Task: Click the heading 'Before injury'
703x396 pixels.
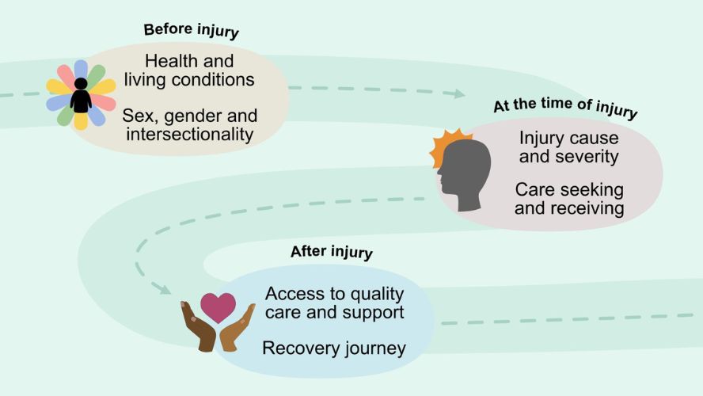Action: pyautogui.click(x=191, y=31)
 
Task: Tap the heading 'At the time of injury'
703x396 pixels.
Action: pyautogui.click(x=565, y=108)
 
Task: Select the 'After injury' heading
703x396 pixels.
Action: pyautogui.click(x=332, y=252)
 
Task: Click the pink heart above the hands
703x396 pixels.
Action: pyautogui.click(x=218, y=307)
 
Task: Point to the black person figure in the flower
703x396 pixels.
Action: pyautogui.click(x=82, y=96)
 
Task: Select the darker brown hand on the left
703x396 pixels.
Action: pyautogui.click(x=199, y=326)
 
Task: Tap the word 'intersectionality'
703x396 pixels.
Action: pyautogui.click(x=190, y=134)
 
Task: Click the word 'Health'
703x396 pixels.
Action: pyautogui.click(x=166, y=61)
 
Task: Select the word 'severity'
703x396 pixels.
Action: pyautogui.click(x=587, y=157)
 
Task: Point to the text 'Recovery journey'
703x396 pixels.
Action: pyautogui.click(x=334, y=348)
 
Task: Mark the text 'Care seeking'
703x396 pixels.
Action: pyautogui.click(x=569, y=190)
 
